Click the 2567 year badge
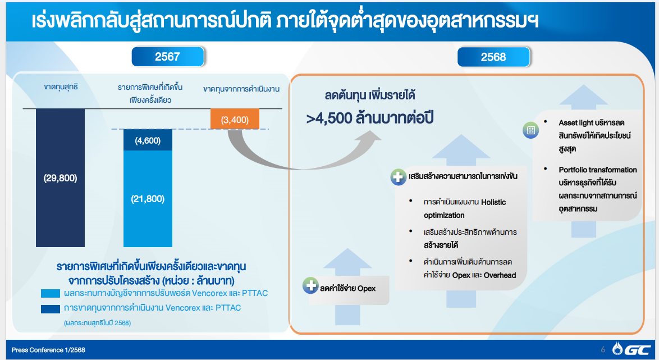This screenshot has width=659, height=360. click(x=168, y=57)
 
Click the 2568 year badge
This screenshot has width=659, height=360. click(x=493, y=57)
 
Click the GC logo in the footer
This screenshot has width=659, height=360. click(x=631, y=349)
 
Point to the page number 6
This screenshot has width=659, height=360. click(x=603, y=349)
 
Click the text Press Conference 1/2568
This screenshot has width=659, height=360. click(x=48, y=350)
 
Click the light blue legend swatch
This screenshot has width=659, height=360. click(x=51, y=294)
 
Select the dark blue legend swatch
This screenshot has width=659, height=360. click(x=51, y=309)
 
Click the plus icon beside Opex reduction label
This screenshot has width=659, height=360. click(x=310, y=285)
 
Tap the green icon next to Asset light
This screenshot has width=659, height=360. click(x=531, y=130)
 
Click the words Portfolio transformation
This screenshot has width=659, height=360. click(x=598, y=170)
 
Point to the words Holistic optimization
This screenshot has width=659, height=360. click(x=465, y=208)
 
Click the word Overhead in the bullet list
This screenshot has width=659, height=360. click(x=500, y=275)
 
